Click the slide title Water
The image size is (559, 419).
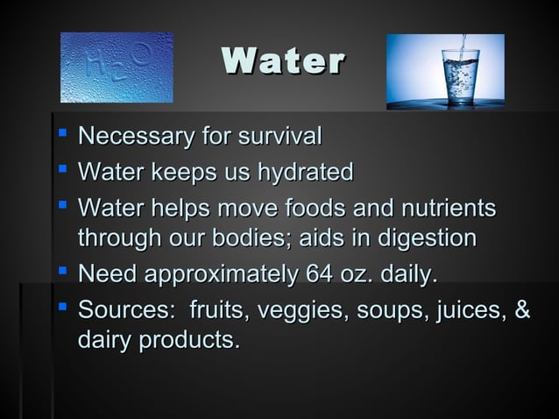(x=284, y=62)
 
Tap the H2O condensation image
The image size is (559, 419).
(x=117, y=67)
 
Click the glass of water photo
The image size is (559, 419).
(x=445, y=72)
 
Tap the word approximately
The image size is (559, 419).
(x=223, y=277)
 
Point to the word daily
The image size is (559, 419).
(x=405, y=277)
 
